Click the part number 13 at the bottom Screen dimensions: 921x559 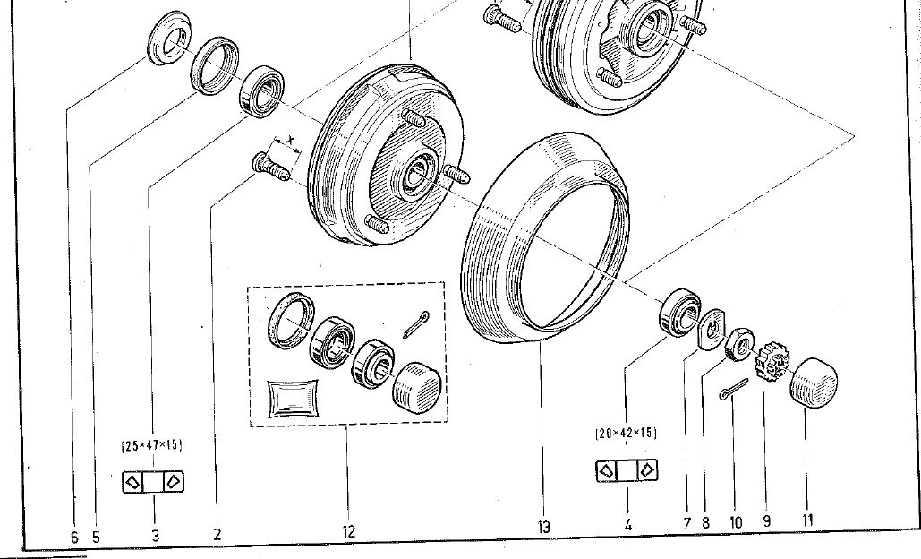click(544, 527)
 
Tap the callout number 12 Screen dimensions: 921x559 click(349, 531)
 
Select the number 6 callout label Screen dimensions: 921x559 click(74, 537)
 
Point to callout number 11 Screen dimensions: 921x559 click(807, 520)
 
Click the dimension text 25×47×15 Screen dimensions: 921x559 click(152, 445)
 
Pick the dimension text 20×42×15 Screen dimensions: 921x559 click(627, 434)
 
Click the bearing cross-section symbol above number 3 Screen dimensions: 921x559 click(153, 482)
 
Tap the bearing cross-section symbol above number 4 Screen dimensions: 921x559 click(627, 470)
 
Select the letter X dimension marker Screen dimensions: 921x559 click(291, 141)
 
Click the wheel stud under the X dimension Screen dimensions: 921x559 click(270, 167)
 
